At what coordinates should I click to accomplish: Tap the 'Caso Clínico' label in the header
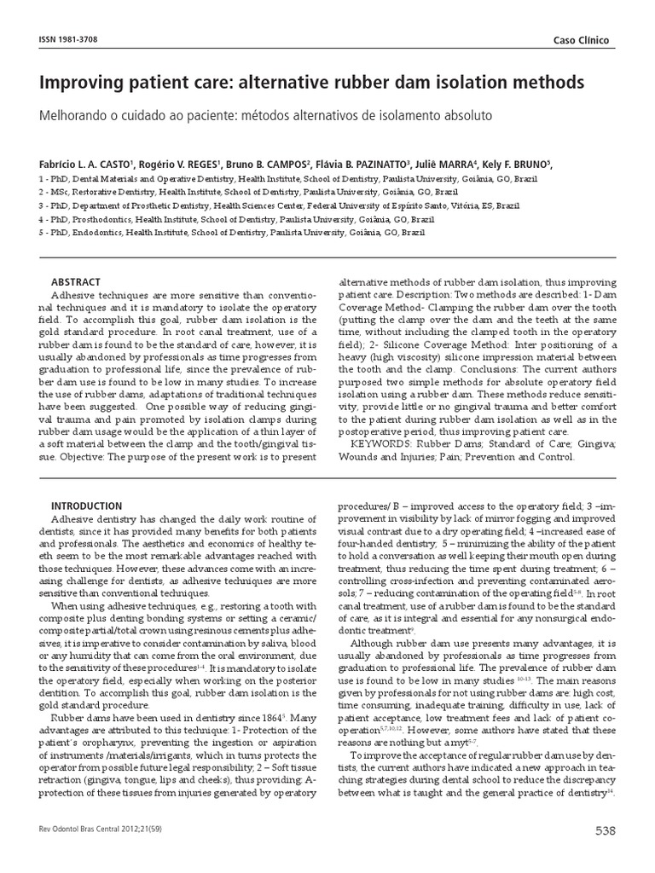click(583, 41)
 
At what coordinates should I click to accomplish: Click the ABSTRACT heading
click(76, 282)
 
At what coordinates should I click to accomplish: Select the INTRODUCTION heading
click(87, 506)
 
